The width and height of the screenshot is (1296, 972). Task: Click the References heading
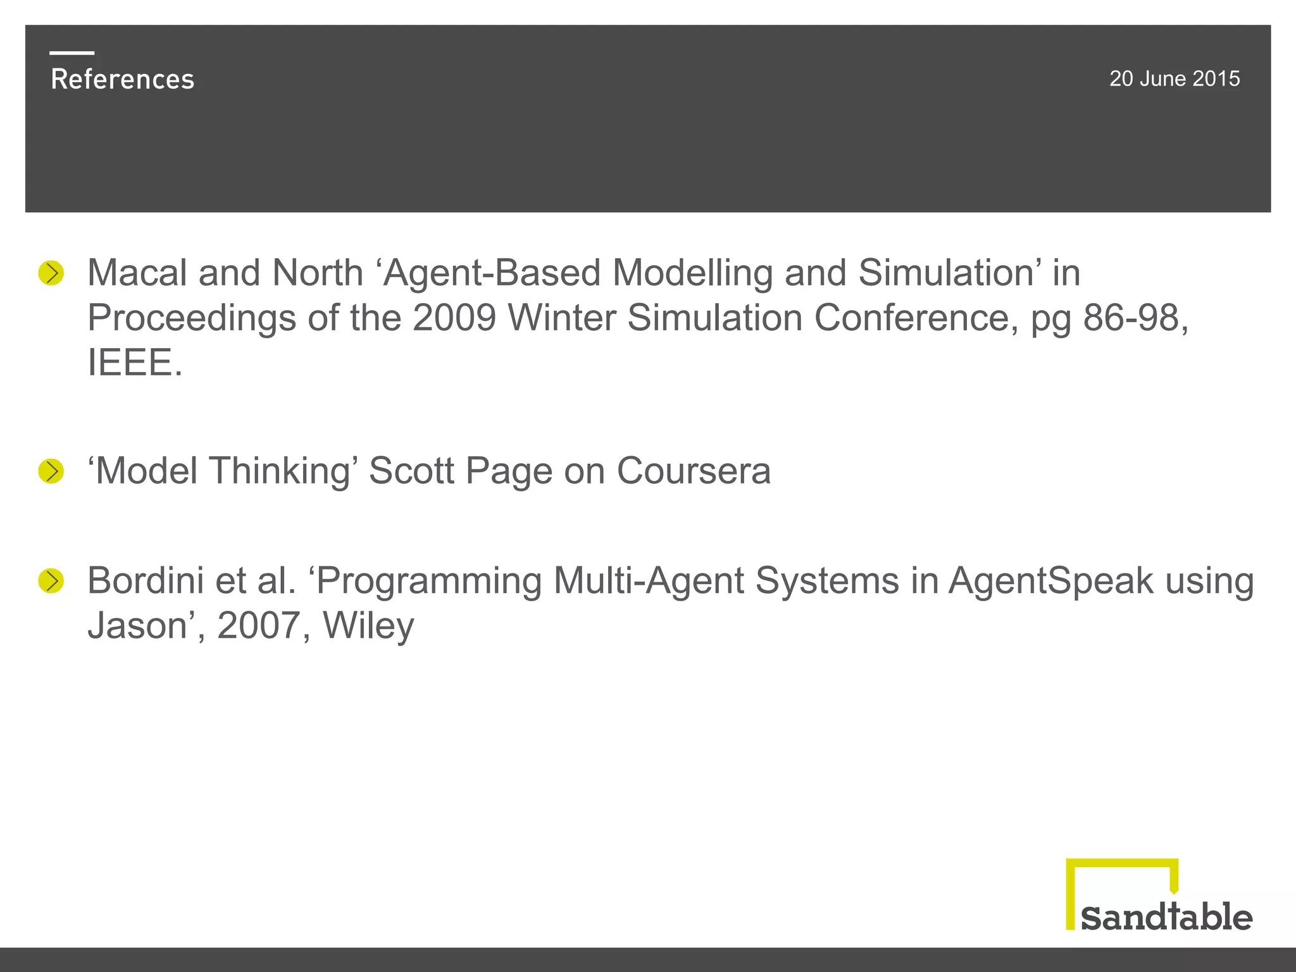[122, 79]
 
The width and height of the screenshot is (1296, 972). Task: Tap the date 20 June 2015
[1174, 78]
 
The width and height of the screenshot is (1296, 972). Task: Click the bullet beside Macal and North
[51, 273]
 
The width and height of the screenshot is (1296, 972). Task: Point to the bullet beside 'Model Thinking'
[51, 471]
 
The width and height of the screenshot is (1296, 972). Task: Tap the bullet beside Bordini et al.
[51, 581]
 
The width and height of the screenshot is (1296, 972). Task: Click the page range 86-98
[1135, 318]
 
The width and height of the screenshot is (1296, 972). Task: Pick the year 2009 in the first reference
[454, 318]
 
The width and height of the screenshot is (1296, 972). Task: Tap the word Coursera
[694, 471]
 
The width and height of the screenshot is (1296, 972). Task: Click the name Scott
[411, 471]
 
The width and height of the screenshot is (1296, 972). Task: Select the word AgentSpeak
[1051, 581]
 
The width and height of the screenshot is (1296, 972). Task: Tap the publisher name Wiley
[368, 626]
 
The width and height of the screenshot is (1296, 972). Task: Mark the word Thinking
[284, 471]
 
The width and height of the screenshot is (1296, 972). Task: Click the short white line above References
[72, 53]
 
